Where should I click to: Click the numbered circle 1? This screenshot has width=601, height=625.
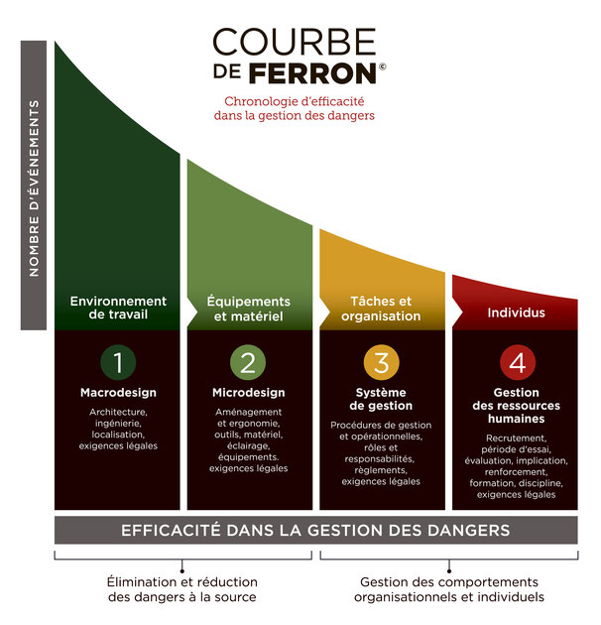pyautogui.click(x=118, y=362)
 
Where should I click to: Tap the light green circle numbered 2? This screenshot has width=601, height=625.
pyautogui.click(x=248, y=362)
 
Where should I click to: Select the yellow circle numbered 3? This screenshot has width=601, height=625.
pyautogui.click(x=381, y=362)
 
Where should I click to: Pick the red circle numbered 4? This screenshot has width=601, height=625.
pyautogui.click(x=518, y=362)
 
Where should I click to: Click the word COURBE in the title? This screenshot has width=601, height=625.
pyautogui.click(x=295, y=42)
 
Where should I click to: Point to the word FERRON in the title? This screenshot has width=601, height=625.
pyautogui.click(x=312, y=73)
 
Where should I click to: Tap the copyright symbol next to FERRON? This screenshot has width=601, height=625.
pyautogui.click(x=382, y=66)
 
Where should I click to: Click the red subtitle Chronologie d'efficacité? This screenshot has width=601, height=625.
pyautogui.click(x=295, y=101)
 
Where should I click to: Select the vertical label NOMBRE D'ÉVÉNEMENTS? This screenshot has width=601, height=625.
pyautogui.click(x=34, y=187)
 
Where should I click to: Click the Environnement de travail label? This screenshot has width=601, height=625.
pyautogui.click(x=118, y=308)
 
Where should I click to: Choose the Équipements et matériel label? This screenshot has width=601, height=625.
pyautogui.click(x=248, y=309)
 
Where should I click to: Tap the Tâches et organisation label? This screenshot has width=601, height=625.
pyautogui.click(x=381, y=309)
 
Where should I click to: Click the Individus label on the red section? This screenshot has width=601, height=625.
pyautogui.click(x=516, y=312)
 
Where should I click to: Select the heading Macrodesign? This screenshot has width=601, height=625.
pyautogui.click(x=118, y=393)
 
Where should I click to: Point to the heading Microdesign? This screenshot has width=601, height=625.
pyautogui.click(x=249, y=393)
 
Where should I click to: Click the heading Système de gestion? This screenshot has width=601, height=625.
pyautogui.click(x=381, y=399)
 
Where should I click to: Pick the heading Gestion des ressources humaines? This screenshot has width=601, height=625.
pyautogui.click(x=516, y=406)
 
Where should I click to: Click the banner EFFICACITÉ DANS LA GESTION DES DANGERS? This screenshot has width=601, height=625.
pyautogui.click(x=315, y=530)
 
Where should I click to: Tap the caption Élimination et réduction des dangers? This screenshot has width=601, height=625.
pyautogui.click(x=182, y=589)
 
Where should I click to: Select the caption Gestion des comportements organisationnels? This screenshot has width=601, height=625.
pyautogui.click(x=449, y=589)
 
